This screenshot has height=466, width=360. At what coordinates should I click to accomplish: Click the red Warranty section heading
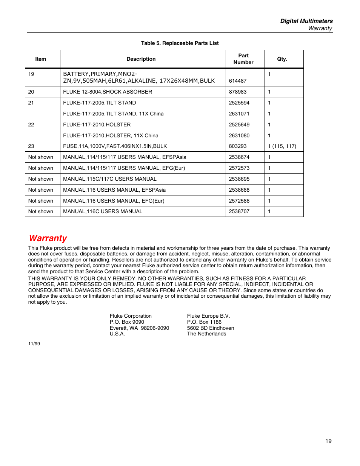[48, 238]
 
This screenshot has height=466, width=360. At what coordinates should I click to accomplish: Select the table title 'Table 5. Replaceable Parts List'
[180, 43]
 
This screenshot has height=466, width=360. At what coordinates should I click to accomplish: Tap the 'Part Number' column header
[243, 59]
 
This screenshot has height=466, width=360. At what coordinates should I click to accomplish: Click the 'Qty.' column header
[282, 59]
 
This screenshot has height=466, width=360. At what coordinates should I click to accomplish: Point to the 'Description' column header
[141, 59]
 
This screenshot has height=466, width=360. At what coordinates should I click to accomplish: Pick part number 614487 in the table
[238, 81]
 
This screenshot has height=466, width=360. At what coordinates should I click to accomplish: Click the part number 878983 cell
[238, 92]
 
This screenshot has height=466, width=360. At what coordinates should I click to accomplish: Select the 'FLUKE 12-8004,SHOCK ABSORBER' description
[108, 92]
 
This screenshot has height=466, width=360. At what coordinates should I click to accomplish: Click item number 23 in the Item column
[31, 146]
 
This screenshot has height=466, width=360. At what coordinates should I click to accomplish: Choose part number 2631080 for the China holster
[239, 135]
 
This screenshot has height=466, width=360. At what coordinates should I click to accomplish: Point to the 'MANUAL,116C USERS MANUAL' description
[103, 211]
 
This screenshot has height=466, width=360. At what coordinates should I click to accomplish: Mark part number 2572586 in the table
[239, 201]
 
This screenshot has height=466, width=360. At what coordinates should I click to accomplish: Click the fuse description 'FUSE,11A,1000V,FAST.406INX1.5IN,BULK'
[115, 146]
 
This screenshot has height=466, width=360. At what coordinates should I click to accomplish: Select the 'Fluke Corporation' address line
[131, 316]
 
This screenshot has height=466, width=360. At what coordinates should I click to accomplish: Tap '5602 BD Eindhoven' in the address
[211, 328]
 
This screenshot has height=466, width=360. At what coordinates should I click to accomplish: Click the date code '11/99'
[34, 344]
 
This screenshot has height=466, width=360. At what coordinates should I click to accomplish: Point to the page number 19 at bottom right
[328, 441]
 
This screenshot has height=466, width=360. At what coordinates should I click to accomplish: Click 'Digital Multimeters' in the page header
[306, 21]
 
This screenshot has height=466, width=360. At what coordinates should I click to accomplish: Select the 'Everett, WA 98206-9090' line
[139, 328]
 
